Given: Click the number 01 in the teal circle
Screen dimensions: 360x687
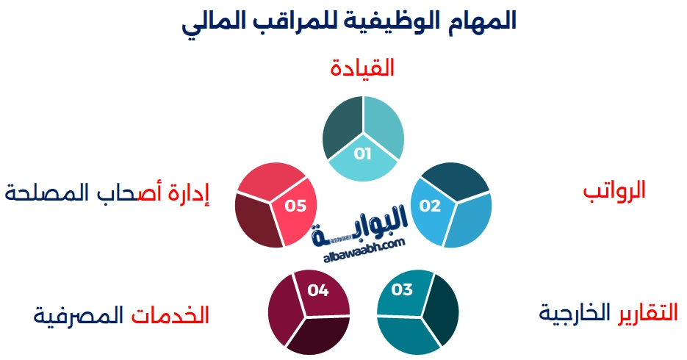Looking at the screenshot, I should (x=363, y=154).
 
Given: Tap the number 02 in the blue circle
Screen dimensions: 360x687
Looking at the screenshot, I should (x=430, y=206).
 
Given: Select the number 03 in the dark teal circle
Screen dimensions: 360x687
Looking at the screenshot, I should (x=403, y=289).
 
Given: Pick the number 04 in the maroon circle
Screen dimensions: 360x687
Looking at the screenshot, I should (x=317, y=290).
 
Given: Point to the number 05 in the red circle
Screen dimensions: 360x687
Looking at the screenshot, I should (x=295, y=206).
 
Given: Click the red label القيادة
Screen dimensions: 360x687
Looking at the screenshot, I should (x=362, y=68).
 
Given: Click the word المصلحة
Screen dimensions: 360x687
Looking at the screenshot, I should (x=40, y=192).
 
